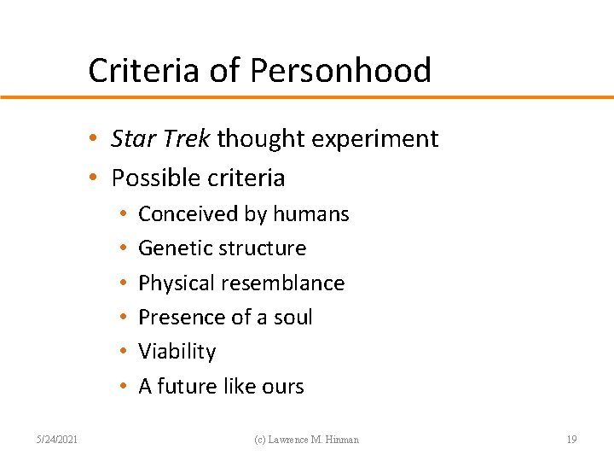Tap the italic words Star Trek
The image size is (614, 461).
(x=160, y=138)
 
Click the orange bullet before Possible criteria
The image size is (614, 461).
(x=101, y=178)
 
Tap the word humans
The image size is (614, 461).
(x=310, y=214)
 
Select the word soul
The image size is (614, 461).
(x=293, y=318)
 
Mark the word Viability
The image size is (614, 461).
(x=177, y=352)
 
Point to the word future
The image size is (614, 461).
(x=188, y=387)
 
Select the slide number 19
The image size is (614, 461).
(x=571, y=440)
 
